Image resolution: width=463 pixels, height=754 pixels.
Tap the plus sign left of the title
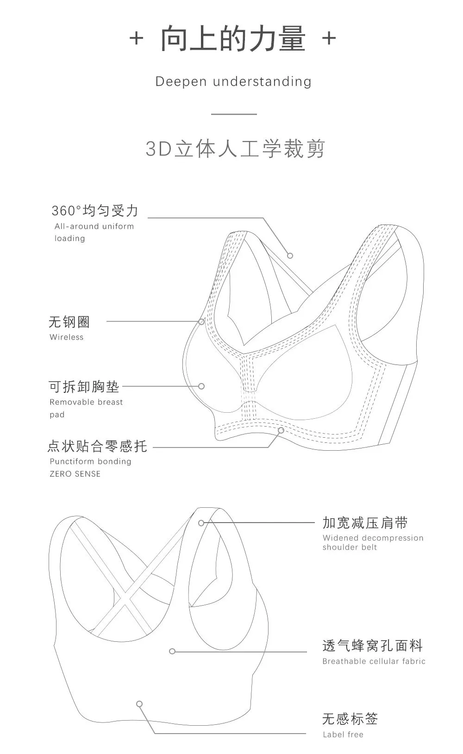(136, 38)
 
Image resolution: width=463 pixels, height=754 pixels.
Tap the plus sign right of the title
(329, 38)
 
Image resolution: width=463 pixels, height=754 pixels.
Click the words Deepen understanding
(233, 82)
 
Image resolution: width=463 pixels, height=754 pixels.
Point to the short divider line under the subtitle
(234, 114)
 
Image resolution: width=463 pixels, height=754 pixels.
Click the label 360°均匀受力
(95, 211)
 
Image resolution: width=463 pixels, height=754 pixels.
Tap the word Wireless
(67, 337)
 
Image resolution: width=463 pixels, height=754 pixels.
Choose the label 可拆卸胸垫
(84, 386)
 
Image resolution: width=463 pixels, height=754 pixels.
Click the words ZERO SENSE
(75, 474)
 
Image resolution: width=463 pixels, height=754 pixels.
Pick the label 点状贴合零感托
(97, 446)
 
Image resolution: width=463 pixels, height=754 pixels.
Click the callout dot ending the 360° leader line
(290, 256)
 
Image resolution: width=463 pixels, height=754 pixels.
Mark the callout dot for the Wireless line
(201, 321)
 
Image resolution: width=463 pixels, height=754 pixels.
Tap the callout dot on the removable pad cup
(201, 386)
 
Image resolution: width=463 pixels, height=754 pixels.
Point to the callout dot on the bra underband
(281, 430)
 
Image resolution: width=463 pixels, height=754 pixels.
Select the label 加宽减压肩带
(365, 523)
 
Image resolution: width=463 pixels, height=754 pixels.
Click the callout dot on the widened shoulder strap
(201, 523)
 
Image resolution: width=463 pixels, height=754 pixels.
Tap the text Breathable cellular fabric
(374, 661)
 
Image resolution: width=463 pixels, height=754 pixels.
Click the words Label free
(343, 735)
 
